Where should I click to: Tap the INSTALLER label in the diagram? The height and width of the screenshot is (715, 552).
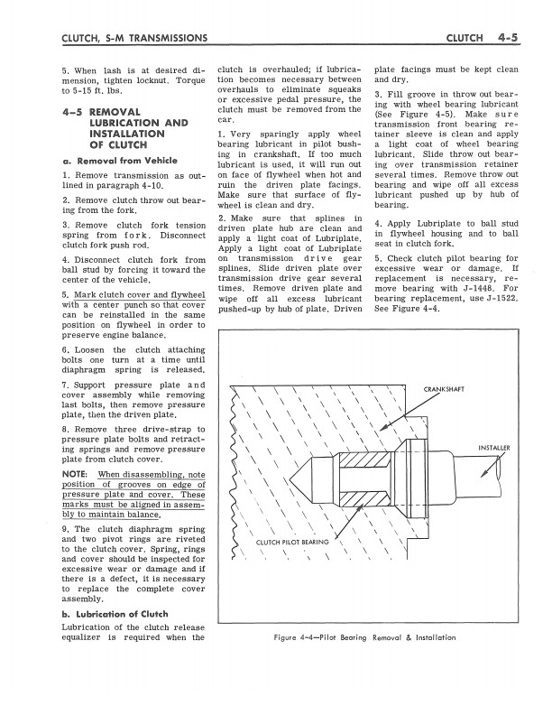(493, 447)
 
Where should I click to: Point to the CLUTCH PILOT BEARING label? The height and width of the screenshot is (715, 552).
(292, 543)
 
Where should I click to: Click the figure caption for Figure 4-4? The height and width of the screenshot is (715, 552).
(363, 637)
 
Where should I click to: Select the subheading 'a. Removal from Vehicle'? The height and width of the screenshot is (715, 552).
(120, 161)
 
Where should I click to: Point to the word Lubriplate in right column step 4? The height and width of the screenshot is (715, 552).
(456, 222)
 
